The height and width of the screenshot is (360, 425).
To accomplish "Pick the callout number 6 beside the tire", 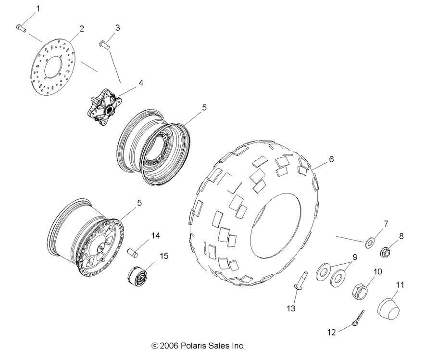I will (x=331, y=159).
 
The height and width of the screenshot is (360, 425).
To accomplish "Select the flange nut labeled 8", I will (x=386, y=251).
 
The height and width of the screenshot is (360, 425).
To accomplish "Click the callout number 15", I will (x=164, y=256).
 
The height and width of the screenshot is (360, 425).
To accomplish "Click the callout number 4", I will (x=141, y=83).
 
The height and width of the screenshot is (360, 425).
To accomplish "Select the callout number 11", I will (x=400, y=285).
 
